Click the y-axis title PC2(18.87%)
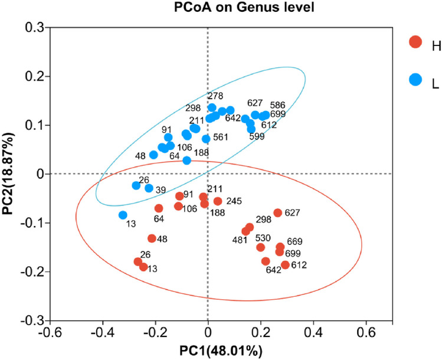pos(8,174)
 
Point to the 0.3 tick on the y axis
pos(34,27)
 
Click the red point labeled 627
pos(277,213)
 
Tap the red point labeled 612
pos(285,265)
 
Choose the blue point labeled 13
pos(123,215)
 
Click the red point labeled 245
pos(218,201)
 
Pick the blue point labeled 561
pos(206,139)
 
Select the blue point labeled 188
pos(187,161)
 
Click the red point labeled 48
pos(152,238)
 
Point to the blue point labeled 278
pos(212,107)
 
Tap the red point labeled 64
pos(159,208)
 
